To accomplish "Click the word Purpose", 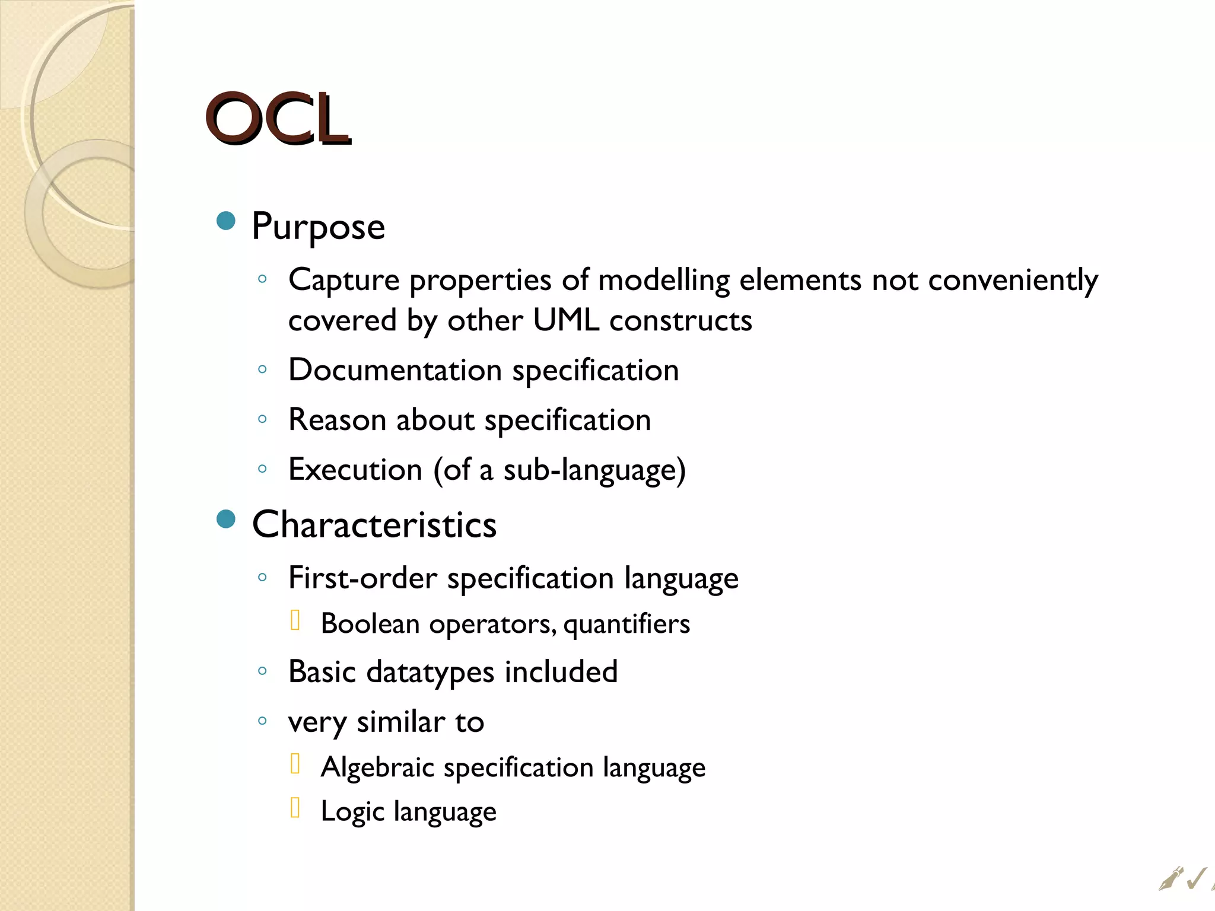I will (x=318, y=227).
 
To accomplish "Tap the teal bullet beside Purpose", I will (x=226, y=221).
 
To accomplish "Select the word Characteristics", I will (x=374, y=525).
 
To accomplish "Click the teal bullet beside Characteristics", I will (x=226, y=519).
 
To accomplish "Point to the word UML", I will (x=565, y=320).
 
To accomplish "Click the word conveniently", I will (x=1013, y=280).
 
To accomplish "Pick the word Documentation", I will (x=395, y=370).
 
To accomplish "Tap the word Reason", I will (x=337, y=420).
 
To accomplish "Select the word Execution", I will (x=355, y=470).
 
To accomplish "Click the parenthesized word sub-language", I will (x=590, y=470).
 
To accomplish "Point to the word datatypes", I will (x=430, y=673).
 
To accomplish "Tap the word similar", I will (x=400, y=722).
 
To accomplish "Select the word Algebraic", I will (x=377, y=767).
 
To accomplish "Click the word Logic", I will (x=352, y=811).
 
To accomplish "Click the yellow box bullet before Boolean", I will (x=295, y=620).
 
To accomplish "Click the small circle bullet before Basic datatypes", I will (x=262, y=671).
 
